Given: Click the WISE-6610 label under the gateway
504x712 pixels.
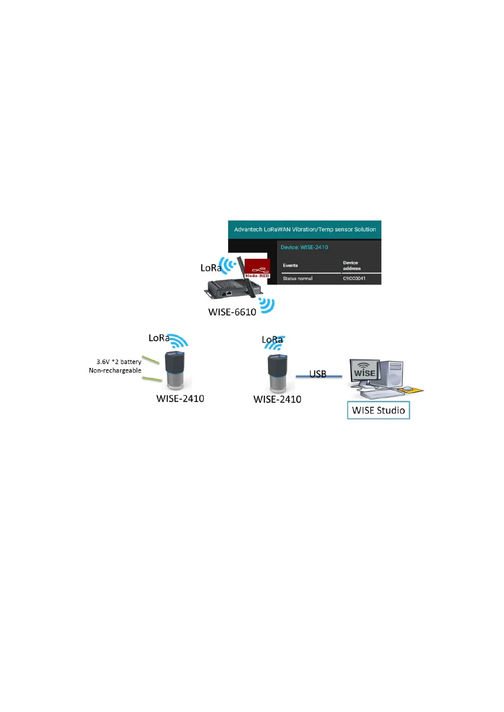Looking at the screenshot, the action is click(232, 312).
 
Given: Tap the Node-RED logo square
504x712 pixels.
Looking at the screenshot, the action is click(257, 268).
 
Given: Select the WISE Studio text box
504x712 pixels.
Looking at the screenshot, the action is click(378, 410).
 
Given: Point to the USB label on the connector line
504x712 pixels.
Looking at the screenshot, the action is click(318, 374).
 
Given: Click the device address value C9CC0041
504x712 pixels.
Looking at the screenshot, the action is click(354, 279).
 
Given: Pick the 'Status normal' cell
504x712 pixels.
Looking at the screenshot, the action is click(297, 279).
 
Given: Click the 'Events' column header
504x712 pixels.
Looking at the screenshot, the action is click(290, 266).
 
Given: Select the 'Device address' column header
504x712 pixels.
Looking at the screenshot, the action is click(352, 266).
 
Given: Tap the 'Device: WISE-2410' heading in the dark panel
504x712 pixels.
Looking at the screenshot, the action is click(304, 247).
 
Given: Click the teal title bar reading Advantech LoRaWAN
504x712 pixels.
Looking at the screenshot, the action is click(305, 230).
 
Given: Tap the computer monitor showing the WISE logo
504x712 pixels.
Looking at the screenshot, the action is click(364, 373).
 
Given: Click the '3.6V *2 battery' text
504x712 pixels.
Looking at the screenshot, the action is click(119, 362).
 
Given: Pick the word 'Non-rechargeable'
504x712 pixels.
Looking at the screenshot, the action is click(115, 371).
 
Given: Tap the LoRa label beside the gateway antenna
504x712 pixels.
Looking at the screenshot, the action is click(210, 268).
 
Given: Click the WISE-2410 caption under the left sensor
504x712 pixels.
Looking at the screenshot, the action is click(180, 399).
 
